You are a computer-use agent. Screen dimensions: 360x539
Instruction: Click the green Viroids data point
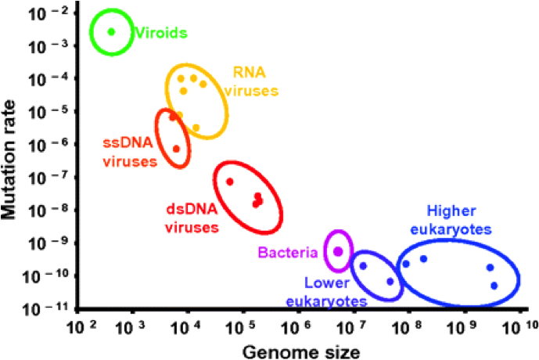coord(111,31)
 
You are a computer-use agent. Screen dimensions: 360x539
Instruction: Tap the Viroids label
coord(160,33)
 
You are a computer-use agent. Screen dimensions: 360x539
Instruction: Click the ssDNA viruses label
coord(129,152)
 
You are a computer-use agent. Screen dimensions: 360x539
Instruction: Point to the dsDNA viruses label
coord(192,218)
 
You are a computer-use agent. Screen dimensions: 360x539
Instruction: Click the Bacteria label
coord(288,252)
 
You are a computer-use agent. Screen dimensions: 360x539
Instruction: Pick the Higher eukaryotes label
coord(458,220)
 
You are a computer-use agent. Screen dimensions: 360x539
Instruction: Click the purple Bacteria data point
coord(338,251)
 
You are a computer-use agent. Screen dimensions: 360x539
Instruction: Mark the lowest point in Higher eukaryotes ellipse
coord(494,286)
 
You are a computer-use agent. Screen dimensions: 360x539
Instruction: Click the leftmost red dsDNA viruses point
coord(230,182)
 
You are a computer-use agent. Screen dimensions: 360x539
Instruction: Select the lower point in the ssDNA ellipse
coord(176,149)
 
